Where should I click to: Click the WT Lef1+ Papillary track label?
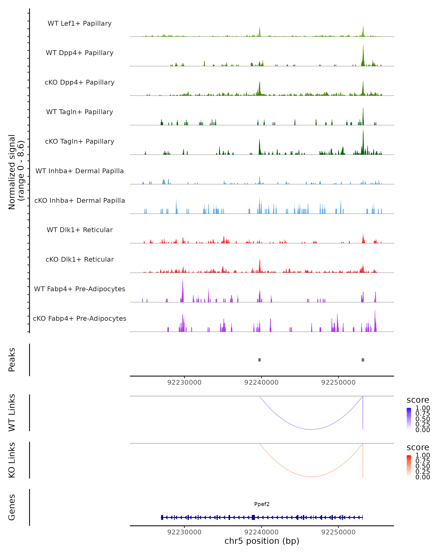(80, 23)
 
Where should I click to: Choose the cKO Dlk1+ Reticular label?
(80, 259)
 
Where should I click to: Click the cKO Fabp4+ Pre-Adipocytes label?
(80, 318)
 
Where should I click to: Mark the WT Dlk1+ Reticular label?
(80, 230)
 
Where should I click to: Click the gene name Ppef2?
(262, 504)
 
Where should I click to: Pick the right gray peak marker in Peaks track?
(363, 360)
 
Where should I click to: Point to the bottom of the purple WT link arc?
(311, 429)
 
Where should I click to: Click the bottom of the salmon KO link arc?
(311, 477)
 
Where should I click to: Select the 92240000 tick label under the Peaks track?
(261, 382)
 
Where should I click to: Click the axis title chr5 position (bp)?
(262, 541)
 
